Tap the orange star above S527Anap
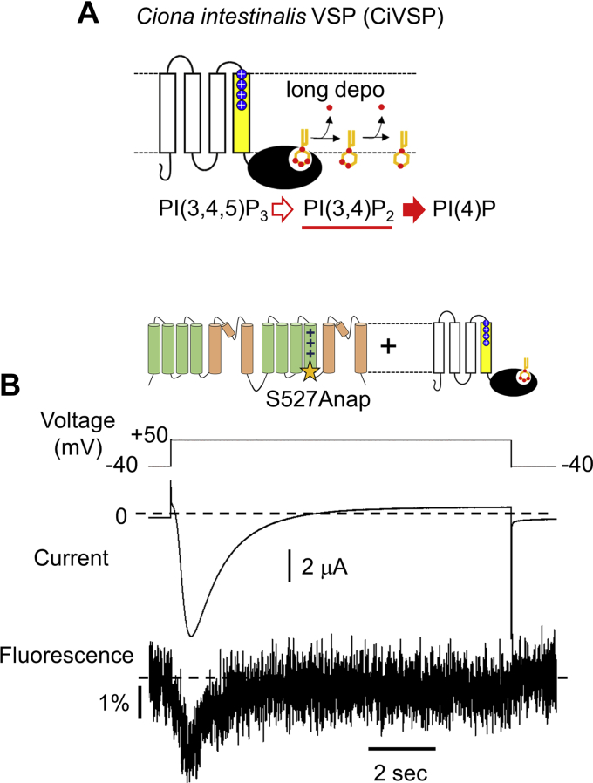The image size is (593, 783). pos(308,373)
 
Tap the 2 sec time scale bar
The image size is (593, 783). pos(401,747)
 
